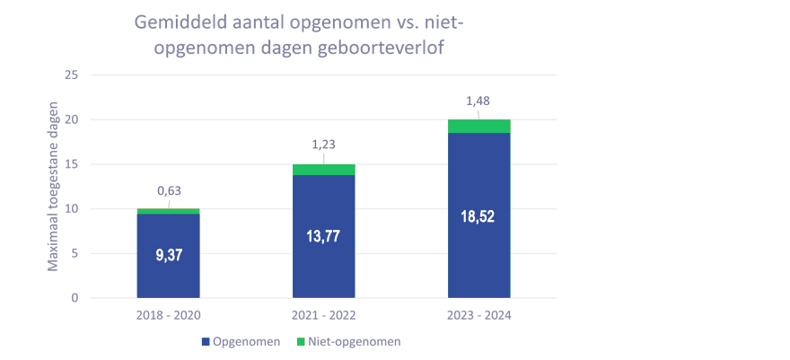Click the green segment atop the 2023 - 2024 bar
[478, 126]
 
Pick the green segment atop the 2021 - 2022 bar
[323, 170]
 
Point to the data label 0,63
[170, 190]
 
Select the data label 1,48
[478, 101]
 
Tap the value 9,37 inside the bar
[168, 256]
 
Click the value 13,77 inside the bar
[323, 237]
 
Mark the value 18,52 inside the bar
[478, 216]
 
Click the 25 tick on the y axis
[73, 75]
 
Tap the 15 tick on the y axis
[73, 164]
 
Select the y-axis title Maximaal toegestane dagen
[53, 187]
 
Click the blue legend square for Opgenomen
[206, 342]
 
